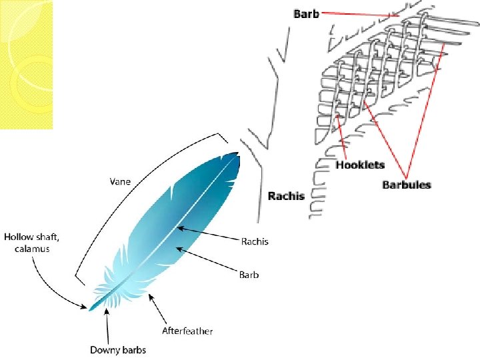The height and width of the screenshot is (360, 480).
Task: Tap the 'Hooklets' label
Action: click(360, 165)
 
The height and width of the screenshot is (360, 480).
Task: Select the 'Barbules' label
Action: click(406, 184)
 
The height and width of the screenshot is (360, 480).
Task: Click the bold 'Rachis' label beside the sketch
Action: click(286, 195)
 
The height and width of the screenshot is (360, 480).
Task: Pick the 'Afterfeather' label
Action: click(188, 331)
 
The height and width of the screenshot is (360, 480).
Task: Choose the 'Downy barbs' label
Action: click(118, 349)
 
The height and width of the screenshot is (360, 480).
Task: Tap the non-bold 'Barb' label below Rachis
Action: click(249, 273)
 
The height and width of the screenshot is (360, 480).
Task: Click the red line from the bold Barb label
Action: click(360, 15)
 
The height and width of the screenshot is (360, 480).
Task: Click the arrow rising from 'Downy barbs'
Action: click(107, 327)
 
